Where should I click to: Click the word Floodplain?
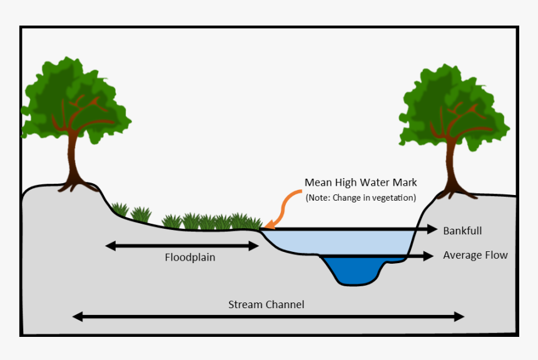(x=190, y=257)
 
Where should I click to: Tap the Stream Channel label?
(x=266, y=305)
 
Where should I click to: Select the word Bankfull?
(x=462, y=231)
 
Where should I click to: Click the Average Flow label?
(x=475, y=255)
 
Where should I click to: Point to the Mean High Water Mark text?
(x=360, y=182)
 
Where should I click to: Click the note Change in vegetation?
(x=360, y=198)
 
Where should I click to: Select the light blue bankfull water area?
(x=338, y=241)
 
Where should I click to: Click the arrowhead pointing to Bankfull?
(x=432, y=230)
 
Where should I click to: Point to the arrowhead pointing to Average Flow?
(x=429, y=256)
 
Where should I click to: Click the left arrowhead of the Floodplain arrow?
(x=110, y=246)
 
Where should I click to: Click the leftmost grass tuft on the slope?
(x=119, y=210)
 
